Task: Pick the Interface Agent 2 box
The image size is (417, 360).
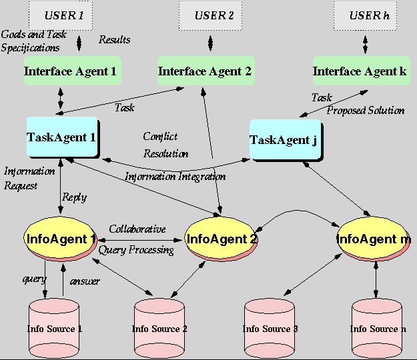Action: [204, 71]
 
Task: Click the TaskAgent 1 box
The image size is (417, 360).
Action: [61, 137]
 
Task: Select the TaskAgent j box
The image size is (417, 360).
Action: [286, 140]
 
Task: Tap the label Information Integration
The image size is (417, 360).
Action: [175, 177]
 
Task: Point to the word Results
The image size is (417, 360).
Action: [115, 40]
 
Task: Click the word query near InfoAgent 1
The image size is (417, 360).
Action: [34, 279]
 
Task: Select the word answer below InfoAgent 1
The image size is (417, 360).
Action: [85, 281]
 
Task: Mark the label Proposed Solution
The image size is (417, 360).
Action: [366, 110]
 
